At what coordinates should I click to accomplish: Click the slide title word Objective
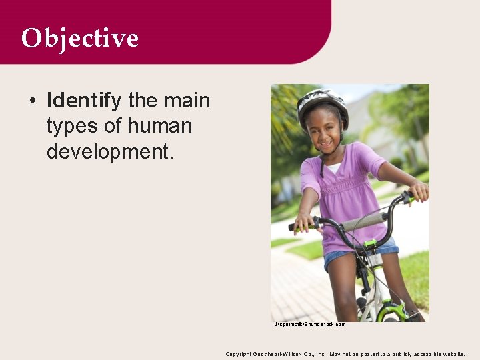(x=79, y=38)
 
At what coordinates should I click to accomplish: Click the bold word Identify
(x=84, y=101)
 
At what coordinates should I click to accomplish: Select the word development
(x=110, y=151)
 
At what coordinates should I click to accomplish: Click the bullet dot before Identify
(x=32, y=101)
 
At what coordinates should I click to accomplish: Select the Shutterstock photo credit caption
(x=309, y=324)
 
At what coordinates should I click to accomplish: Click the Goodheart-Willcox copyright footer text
(x=345, y=354)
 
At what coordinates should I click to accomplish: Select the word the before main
(x=142, y=101)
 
